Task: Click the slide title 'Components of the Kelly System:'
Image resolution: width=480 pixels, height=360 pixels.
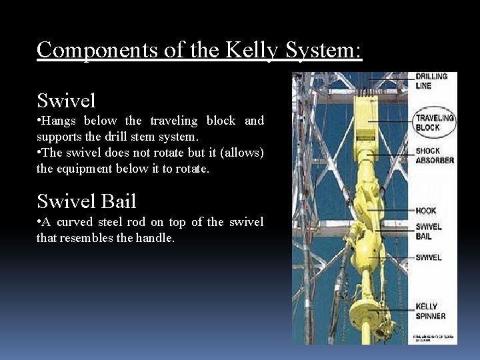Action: (x=199, y=50)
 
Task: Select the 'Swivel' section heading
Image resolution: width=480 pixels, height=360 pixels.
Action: (x=67, y=101)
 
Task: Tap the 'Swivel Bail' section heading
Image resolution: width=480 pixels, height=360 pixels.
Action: (x=87, y=201)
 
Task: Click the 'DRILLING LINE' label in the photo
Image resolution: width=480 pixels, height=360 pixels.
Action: (x=431, y=81)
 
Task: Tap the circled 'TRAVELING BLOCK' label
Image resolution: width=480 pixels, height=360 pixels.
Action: (x=434, y=122)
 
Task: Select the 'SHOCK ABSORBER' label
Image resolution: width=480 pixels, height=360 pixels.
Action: (x=434, y=156)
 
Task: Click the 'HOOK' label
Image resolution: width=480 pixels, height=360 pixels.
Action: (x=425, y=211)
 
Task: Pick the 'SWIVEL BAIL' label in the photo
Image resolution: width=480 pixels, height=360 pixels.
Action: (x=428, y=231)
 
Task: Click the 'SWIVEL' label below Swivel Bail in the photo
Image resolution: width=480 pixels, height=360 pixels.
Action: (x=428, y=257)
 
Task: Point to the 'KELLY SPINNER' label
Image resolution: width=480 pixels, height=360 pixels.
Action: (x=430, y=311)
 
